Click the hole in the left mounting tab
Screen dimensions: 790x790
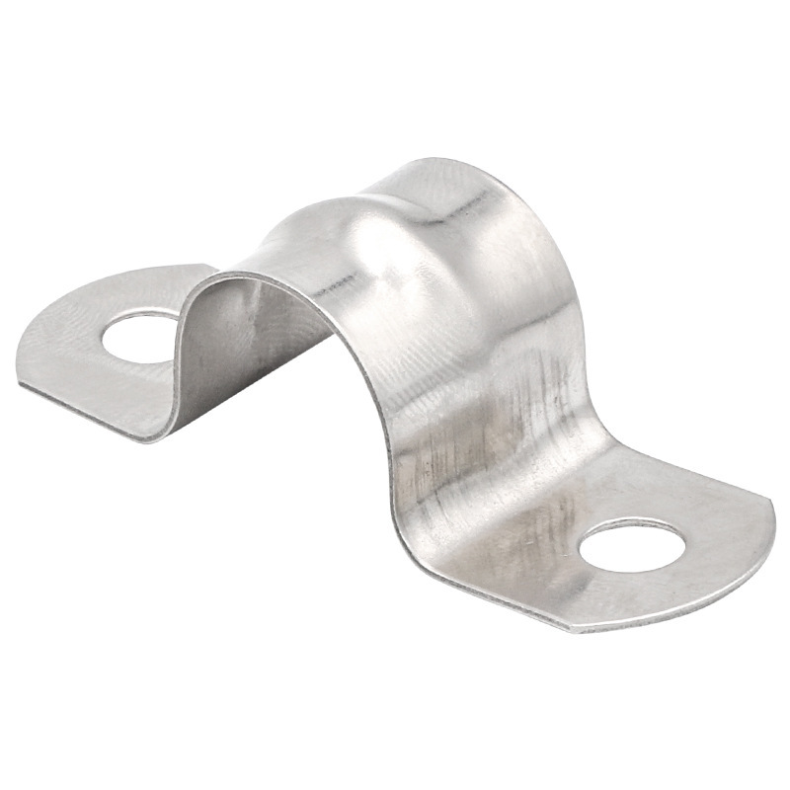coord(138,337)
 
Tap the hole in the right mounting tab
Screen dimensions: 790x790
coord(632,545)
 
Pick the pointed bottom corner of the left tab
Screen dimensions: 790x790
coord(148,439)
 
